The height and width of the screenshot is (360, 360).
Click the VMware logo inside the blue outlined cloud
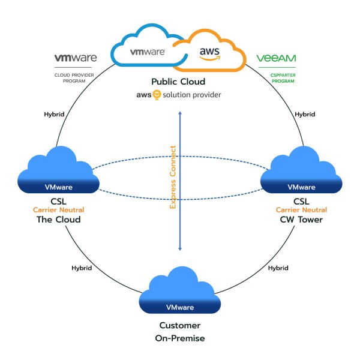[x=148, y=52]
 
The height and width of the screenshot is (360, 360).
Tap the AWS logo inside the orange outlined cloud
[x=209, y=54]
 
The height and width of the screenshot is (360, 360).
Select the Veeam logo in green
[x=276, y=58]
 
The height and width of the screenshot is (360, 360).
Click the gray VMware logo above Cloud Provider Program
[x=76, y=58]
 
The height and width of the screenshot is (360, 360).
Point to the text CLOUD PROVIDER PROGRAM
[x=74, y=78]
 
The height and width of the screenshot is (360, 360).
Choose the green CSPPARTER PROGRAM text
[x=283, y=78]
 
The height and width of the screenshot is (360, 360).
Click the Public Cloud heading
[x=178, y=82]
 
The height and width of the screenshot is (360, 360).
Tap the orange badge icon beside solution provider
[x=157, y=95]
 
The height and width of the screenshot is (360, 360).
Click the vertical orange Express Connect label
[x=173, y=177]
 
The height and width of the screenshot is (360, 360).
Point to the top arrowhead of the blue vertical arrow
[x=180, y=113]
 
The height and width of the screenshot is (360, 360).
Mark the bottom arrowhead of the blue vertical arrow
[x=180, y=249]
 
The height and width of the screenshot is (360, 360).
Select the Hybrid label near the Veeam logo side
[x=305, y=114]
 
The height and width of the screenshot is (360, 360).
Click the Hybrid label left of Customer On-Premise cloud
[x=82, y=268]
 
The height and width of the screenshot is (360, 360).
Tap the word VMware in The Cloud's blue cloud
[x=59, y=187]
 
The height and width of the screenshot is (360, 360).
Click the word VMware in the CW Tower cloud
[x=301, y=187]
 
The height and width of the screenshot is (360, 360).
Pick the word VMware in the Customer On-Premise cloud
[x=180, y=307]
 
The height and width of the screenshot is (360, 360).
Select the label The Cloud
[x=59, y=220]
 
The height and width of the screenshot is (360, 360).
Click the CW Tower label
[x=301, y=220]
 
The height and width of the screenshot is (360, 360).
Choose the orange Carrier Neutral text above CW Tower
[x=301, y=209]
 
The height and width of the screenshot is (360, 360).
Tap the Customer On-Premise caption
[x=180, y=332]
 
